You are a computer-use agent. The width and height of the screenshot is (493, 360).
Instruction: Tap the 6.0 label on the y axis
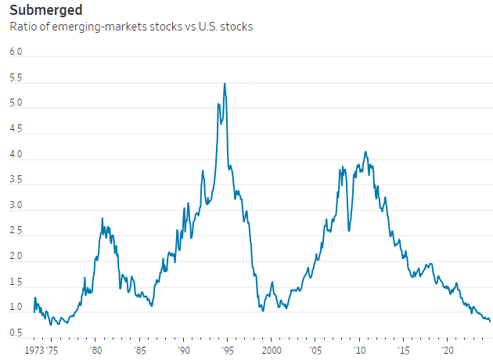point(16,52)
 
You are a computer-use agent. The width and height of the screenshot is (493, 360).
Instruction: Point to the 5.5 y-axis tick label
point(16,78)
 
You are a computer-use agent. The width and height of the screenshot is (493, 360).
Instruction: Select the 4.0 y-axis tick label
point(16,155)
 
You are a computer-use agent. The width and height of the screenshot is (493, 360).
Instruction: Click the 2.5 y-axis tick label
point(16,232)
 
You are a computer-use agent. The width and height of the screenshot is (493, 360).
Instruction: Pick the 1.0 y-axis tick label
point(16,308)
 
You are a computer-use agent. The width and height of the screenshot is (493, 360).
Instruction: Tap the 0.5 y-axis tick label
point(16,333)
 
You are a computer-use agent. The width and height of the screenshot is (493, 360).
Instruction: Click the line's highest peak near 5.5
point(225,84)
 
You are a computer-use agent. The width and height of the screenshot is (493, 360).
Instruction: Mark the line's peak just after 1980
point(103,218)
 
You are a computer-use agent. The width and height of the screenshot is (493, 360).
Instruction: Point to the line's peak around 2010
point(365,152)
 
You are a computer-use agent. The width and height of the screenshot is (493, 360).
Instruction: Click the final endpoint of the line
point(490,320)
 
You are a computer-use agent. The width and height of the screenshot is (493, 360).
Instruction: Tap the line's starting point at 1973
point(34,311)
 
